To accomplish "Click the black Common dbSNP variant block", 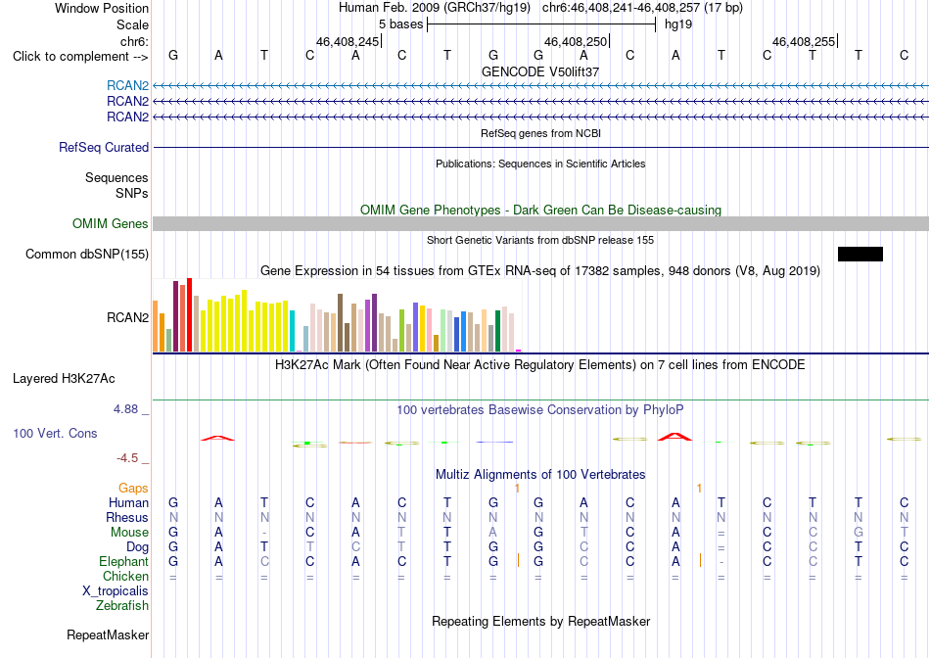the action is (x=860, y=254).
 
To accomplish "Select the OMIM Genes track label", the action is (x=111, y=223).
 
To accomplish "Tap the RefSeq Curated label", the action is (x=104, y=147).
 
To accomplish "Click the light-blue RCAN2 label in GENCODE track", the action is (x=127, y=85).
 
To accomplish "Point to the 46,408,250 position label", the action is (x=576, y=41).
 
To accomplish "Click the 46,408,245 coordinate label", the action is (x=348, y=41).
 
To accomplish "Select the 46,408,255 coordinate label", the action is (x=804, y=41).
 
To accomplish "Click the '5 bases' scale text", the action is (x=401, y=24).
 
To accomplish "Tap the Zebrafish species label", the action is (x=122, y=606).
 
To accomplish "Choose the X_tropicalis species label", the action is (x=116, y=591).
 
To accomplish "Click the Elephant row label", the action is (x=124, y=561).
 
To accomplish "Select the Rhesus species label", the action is (x=127, y=517).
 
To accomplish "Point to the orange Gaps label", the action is (x=133, y=488).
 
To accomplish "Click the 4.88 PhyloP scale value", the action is (x=125, y=409).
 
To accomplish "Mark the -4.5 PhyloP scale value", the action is (x=127, y=458).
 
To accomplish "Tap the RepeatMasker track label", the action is (x=108, y=634).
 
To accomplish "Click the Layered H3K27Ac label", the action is (x=64, y=379).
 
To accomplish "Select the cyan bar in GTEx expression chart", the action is (x=292, y=331).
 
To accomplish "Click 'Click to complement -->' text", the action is (x=80, y=57).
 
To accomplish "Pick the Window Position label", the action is (x=102, y=8).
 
